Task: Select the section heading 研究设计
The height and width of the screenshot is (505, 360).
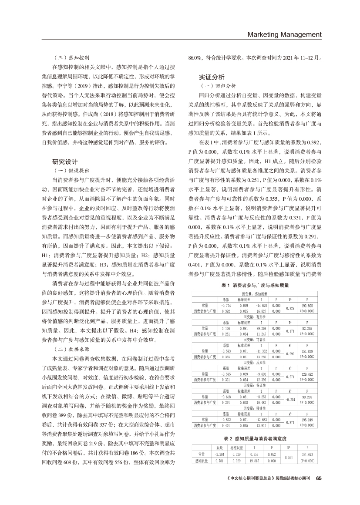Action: pyautogui.click(x=65, y=162)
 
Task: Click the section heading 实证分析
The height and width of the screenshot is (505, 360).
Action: pyautogui.click(x=212, y=77)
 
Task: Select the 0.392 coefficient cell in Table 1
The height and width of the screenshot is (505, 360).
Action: pyautogui.click(x=226, y=312)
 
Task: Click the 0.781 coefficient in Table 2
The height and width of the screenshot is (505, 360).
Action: pyautogui.click(x=220, y=460)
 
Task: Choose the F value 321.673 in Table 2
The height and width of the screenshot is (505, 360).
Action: pyautogui.click(x=307, y=454)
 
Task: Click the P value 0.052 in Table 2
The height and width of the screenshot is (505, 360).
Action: pyautogui.click(x=272, y=454)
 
